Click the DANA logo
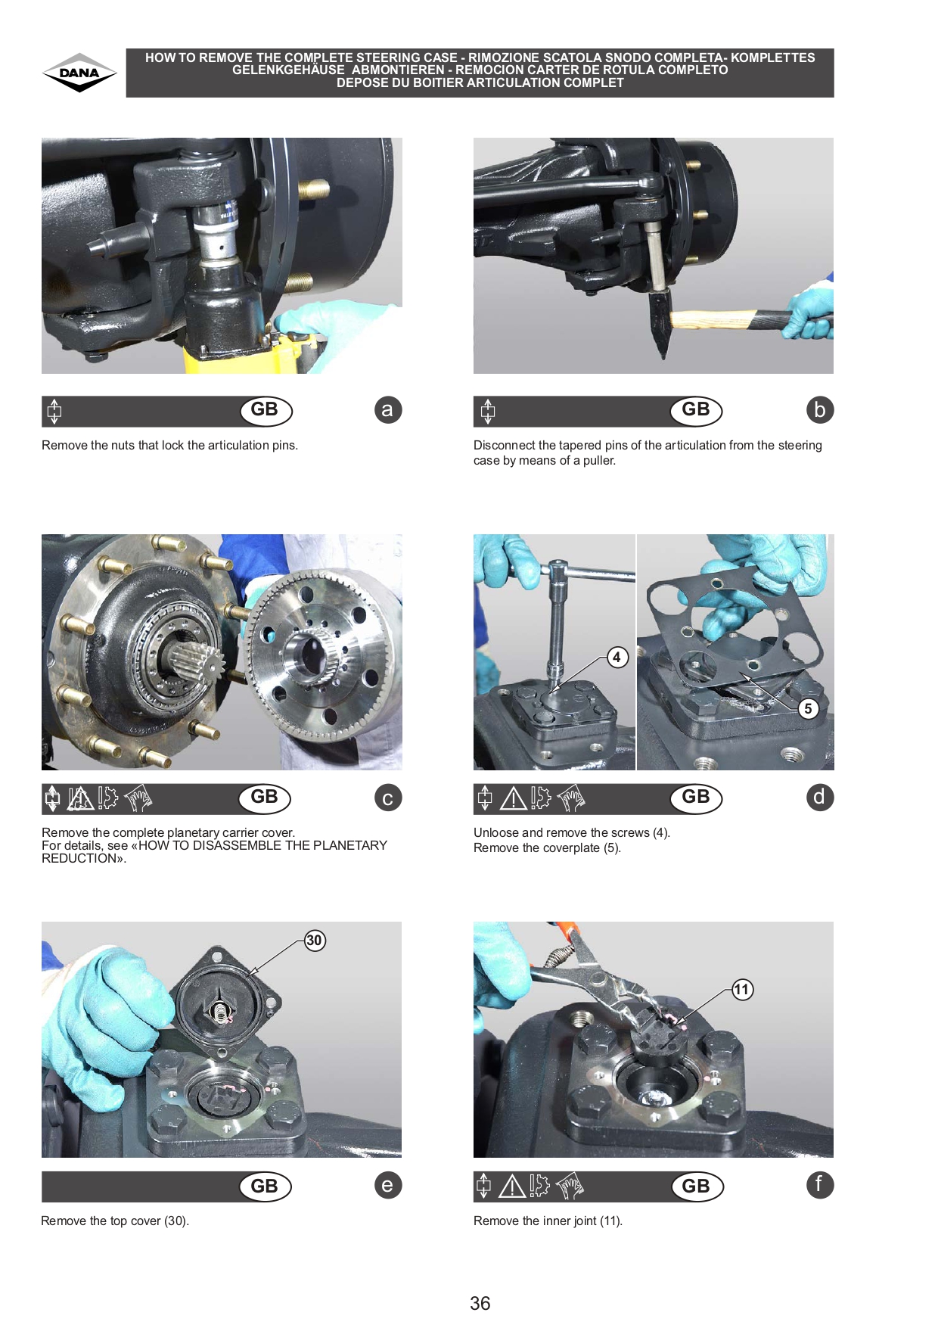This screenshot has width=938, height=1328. pyautogui.click(x=79, y=73)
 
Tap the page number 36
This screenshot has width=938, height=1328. pyautogui.click(x=480, y=1303)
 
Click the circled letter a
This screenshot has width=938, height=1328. pyautogui.click(x=388, y=410)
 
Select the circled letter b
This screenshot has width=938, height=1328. pyautogui.click(x=820, y=410)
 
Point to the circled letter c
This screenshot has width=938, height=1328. pyautogui.click(x=388, y=798)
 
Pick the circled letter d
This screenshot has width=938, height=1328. pyautogui.click(x=820, y=797)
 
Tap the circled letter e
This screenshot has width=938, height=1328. pyautogui.click(x=388, y=1185)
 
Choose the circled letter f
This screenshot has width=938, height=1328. pyautogui.click(x=820, y=1184)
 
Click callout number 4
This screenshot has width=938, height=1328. pyautogui.click(x=617, y=657)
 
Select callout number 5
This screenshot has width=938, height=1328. pyautogui.click(x=808, y=708)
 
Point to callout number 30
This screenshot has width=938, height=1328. pyautogui.click(x=315, y=941)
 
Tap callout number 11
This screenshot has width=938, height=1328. pyautogui.click(x=742, y=990)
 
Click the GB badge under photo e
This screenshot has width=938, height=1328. pyautogui.click(x=265, y=1186)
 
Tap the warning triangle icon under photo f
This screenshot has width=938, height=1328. pyautogui.click(x=512, y=1186)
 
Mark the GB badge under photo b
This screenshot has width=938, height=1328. pyautogui.click(x=696, y=411)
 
